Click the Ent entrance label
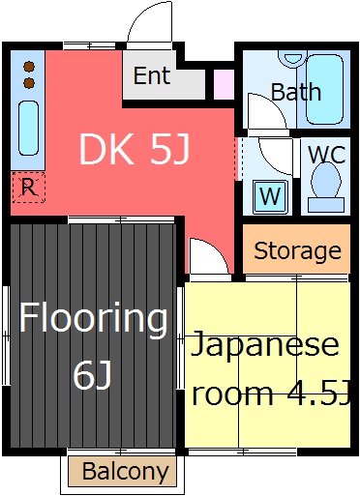(152, 75)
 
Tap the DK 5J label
(135, 149)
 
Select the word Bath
(296, 92)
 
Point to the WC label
(327, 155)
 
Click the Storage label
(297, 251)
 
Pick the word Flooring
(94, 318)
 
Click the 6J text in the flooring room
(93, 375)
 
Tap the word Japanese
(264, 345)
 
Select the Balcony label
(126, 472)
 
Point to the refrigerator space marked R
(28, 188)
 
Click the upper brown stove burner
(29, 67)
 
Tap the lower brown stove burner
(29, 83)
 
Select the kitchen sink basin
(29, 128)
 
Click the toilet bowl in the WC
(326, 180)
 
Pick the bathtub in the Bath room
(324, 89)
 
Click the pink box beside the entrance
(224, 84)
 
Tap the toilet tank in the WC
(326, 205)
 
